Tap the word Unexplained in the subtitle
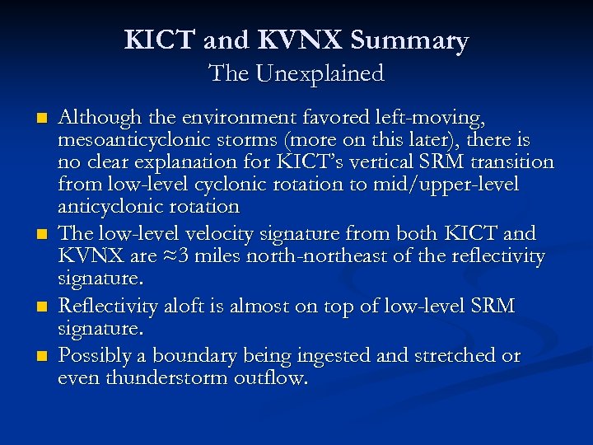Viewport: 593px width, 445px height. click(320, 73)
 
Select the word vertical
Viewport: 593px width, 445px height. click(380, 162)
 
